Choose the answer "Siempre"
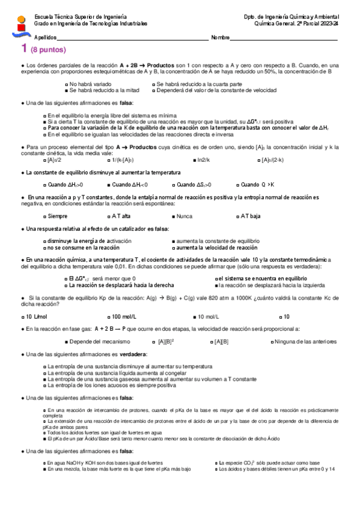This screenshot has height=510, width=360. tap(58, 216)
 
